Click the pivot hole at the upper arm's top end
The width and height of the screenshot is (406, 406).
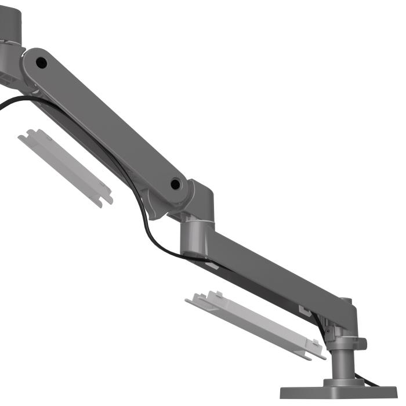click(x=40, y=60)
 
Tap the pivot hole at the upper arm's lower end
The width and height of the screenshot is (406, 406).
click(x=175, y=184)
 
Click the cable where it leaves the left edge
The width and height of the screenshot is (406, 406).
click(x=5, y=104)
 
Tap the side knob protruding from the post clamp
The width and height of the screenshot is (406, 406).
click(x=362, y=344)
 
